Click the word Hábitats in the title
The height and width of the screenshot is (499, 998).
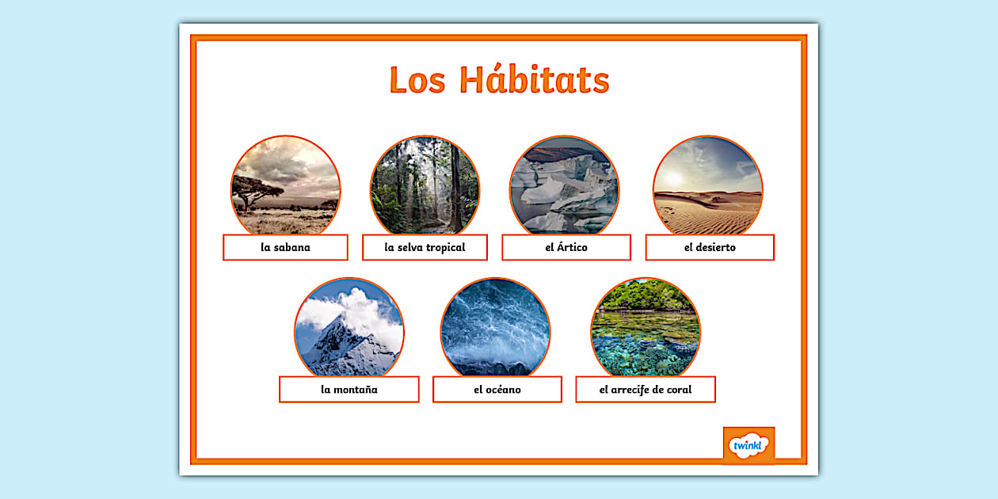click(x=534, y=80)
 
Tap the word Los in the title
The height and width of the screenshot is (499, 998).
click(x=417, y=81)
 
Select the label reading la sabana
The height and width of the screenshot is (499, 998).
click(x=285, y=247)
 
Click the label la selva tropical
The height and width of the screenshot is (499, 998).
click(x=425, y=247)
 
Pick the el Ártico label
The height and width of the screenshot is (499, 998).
click(x=566, y=247)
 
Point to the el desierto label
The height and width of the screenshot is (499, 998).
click(x=710, y=247)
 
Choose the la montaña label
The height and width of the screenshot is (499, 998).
click(x=349, y=389)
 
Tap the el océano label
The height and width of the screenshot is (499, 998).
click(x=497, y=389)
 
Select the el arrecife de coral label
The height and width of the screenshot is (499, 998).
click(x=645, y=389)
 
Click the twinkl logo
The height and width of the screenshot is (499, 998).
click(x=748, y=445)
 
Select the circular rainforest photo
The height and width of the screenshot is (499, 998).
click(x=425, y=185)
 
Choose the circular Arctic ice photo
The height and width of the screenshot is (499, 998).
click(x=564, y=185)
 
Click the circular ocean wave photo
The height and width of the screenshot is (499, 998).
click(x=495, y=326)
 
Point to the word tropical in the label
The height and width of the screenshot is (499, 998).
click(x=445, y=247)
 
